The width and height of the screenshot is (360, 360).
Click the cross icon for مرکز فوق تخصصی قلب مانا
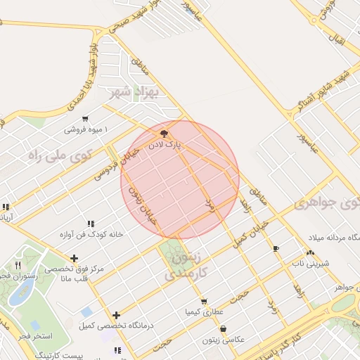point(75,258)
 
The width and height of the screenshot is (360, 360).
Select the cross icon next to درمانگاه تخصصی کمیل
point(116,315)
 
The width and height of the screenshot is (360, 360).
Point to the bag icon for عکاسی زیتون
point(223,328)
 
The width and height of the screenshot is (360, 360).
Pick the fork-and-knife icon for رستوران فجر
point(18,266)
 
